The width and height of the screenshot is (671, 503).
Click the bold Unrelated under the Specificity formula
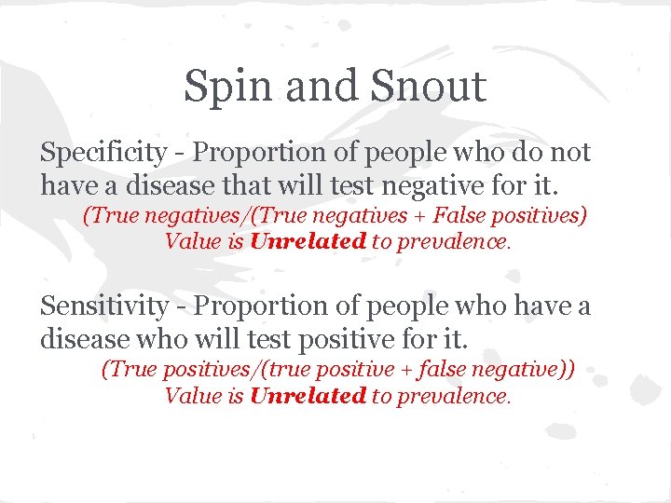click(x=308, y=241)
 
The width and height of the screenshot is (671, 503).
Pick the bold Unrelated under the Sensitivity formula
click(x=308, y=395)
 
